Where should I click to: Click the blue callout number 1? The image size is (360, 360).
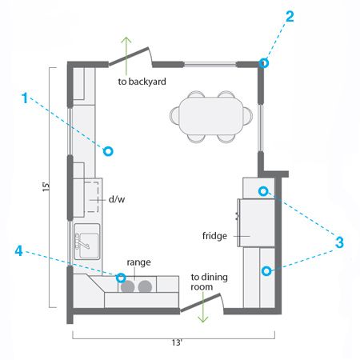point(25,98)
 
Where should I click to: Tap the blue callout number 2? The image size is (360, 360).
point(290,17)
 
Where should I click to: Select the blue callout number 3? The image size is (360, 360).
point(339,242)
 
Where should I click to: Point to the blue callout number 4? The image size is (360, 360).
point(18,251)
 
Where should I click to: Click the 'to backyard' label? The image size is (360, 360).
point(142,82)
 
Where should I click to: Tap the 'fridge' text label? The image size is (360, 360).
point(214,236)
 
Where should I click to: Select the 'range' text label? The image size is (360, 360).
point(138,262)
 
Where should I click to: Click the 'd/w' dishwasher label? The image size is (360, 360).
point(117,199)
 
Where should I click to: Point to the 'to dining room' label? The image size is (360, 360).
point(209,282)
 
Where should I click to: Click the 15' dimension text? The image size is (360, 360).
point(46,186)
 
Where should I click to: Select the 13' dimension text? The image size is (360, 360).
point(177,342)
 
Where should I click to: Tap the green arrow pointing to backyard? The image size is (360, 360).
point(126,56)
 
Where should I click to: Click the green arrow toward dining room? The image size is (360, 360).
point(203,307)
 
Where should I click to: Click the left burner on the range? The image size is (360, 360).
point(127,286)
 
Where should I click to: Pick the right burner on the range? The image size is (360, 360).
point(145,286)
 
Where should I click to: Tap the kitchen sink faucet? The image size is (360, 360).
point(82,241)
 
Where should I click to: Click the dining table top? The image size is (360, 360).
point(211,116)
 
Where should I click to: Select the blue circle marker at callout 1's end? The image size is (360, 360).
point(108,151)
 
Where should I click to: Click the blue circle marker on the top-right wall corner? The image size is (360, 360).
point(263,63)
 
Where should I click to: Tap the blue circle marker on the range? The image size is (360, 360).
point(121,278)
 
